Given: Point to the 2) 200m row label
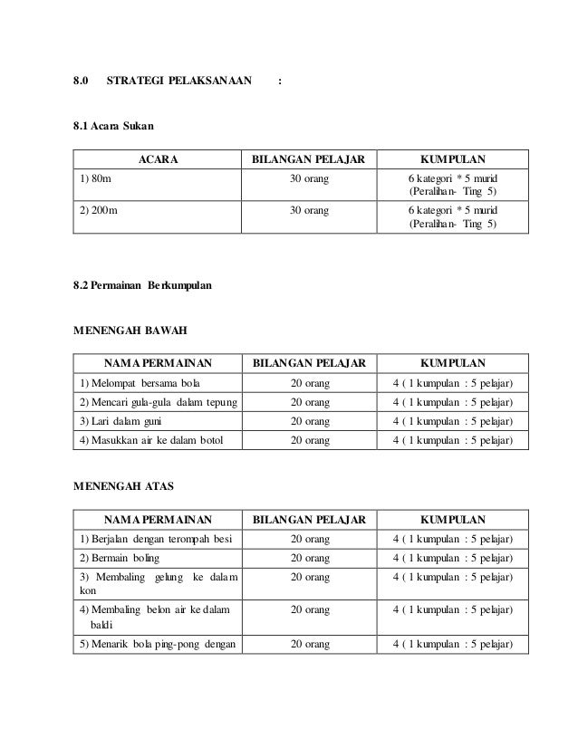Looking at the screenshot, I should (97, 210).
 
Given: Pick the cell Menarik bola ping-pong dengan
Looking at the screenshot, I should (157, 645).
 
